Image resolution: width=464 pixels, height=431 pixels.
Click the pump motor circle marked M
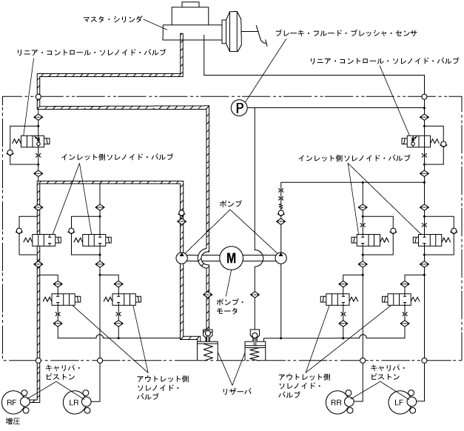[x=231, y=258]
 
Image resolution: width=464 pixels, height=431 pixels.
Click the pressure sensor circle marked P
[x=239, y=107]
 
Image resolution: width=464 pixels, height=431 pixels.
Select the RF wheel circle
[x=12, y=402]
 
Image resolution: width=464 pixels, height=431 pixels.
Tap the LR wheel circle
[x=73, y=402]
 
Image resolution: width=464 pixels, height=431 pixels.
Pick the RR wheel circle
[x=337, y=402]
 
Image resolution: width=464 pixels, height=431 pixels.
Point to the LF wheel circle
[x=399, y=402]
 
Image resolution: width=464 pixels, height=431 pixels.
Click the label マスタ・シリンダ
[x=112, y=19]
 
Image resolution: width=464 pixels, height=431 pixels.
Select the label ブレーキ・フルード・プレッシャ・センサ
[x=346, y=33]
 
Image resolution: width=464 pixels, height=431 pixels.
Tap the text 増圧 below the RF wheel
[x=13, y=421]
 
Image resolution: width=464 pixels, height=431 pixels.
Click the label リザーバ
[x=237, y=392]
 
